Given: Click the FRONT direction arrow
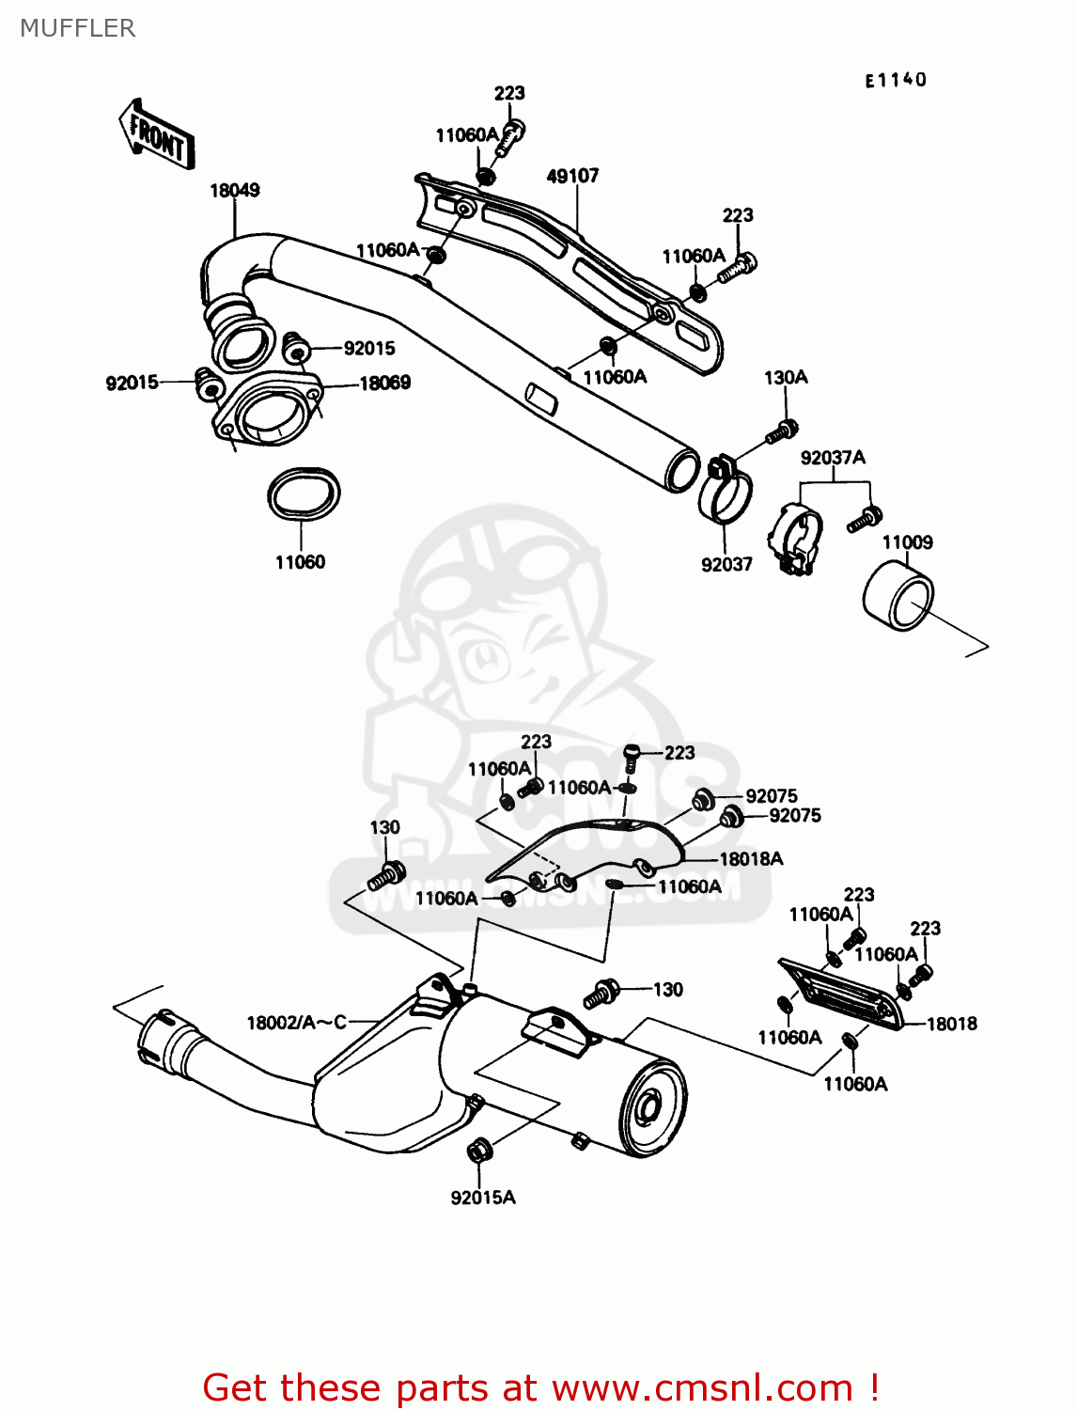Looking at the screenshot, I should [156, 134].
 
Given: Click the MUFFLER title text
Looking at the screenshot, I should [77, 28].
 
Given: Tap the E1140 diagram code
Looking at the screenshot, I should [896, 81].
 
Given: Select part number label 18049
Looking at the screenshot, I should [234, 191].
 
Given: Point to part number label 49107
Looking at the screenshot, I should [572, 176].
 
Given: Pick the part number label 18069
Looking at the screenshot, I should [384, 383].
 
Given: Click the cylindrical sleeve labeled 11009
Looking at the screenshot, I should [898, 595].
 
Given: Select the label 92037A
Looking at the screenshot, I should [833, 458].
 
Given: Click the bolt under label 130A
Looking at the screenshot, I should [781, 432].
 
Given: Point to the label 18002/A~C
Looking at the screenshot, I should [296, 1023].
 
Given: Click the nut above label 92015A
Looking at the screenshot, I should [478, 1150].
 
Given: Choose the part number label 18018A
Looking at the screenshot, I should [750, 859].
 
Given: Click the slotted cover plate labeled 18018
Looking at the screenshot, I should [842, 994].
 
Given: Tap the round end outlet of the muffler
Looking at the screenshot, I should [650, 1108].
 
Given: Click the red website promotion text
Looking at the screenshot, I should [540, 1387].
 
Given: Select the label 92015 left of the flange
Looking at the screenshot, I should [132, 384].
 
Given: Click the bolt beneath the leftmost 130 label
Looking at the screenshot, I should [385, 876].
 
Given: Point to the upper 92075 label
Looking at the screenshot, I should [771, 796].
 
